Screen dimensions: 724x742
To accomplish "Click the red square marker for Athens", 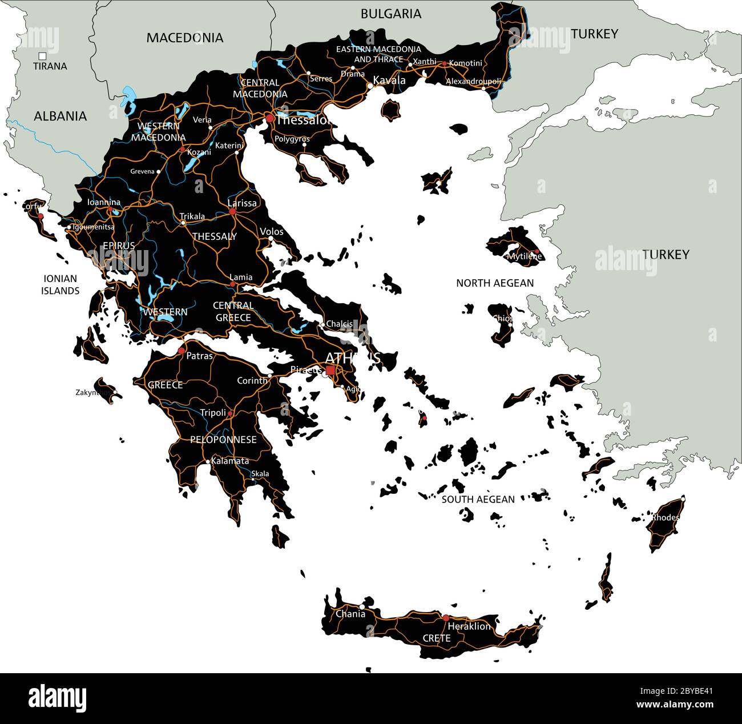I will coord(330,370).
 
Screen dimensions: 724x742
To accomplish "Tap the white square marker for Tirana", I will coord(42,56).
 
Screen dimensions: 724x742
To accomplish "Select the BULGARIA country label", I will coord(390,14).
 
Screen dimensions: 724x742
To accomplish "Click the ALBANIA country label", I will coord(60,116).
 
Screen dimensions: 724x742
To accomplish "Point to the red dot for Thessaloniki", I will coord(269,118).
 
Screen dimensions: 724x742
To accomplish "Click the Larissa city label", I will coord(242,203).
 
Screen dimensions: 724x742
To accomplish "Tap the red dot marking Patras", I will coord(182,351).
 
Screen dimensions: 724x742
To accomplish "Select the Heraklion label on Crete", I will coord(469,626).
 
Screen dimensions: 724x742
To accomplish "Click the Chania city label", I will coord(350,614).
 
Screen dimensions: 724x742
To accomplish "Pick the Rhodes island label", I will coord(666,517).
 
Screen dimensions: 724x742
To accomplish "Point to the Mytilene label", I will coord(524,256).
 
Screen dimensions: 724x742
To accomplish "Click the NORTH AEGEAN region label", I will coord(495,283).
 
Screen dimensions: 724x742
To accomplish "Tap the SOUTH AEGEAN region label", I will coord(478,499).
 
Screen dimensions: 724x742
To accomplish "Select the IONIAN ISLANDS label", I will coord(60,284).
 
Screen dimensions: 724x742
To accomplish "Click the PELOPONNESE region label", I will coord(223,440).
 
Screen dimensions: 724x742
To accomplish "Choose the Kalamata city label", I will coord(230,461).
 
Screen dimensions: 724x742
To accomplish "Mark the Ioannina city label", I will coord(104,202).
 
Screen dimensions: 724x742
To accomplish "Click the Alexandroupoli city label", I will coord(473,81).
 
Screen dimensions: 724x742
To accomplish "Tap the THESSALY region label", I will coord(215,236).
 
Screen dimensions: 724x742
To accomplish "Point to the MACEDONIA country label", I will coord(184,38).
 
